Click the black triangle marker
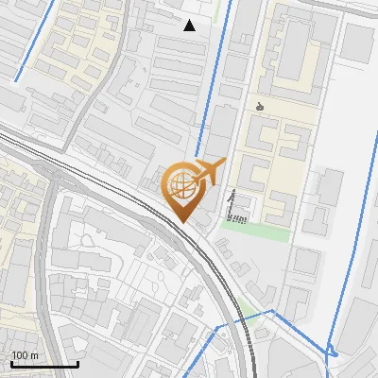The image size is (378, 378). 190,26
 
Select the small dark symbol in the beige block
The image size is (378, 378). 260,106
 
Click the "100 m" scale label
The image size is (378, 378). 26,354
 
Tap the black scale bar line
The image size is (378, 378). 43,364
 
